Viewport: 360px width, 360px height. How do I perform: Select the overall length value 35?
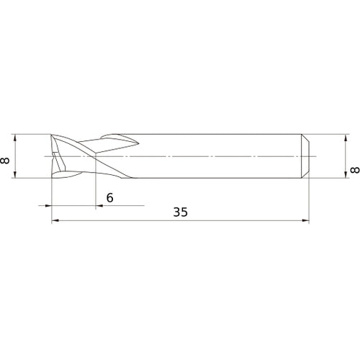[x=180, y=212]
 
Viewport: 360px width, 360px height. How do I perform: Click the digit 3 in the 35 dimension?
[x=176, y=212]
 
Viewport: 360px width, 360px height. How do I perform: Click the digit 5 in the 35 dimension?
[x=184, y=212]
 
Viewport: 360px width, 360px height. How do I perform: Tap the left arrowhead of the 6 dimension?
[x=48, y=207]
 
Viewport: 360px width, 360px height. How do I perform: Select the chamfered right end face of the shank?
[x=307, y=156]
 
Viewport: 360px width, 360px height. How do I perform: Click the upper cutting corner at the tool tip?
[x=53, y=136]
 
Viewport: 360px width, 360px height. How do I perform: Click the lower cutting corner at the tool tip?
[x=53, y=176]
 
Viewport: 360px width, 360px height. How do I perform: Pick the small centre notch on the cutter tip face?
[x=53, y=155]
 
